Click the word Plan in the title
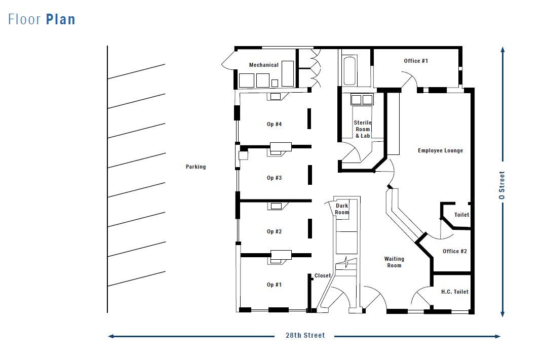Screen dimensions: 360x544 (61, 20)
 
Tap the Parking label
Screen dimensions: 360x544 (196, 167)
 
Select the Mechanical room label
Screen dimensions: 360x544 (263, 65)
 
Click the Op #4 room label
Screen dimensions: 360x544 (274, 124)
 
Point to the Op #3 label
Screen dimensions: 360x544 (274, 178)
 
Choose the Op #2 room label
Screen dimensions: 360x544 (274, 231)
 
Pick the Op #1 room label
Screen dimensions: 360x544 (274, 285)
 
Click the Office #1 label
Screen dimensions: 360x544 (416, 61)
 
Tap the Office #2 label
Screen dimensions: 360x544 (454, 251)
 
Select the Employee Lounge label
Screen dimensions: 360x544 (440, 150)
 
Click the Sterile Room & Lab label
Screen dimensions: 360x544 (363, 129)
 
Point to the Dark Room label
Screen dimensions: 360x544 (342, 209)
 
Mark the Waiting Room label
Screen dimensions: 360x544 (394, 262)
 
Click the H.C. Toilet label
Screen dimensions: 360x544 (454, 292)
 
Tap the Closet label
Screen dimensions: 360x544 (323, 276)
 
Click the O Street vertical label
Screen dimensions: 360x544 (502, 185)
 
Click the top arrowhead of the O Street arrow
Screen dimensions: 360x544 (502, 50)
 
